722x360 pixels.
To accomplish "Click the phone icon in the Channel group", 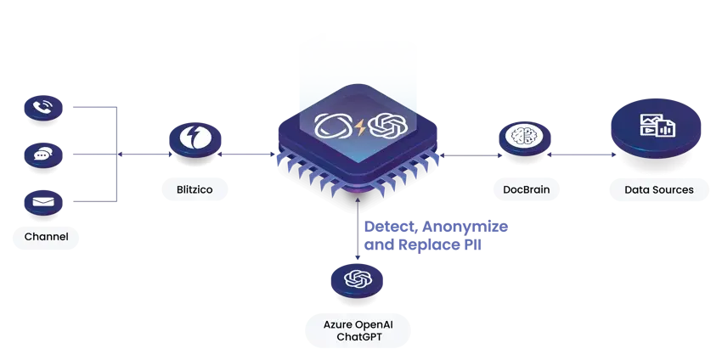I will coord(42,108).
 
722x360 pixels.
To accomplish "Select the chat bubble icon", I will coord(42,155).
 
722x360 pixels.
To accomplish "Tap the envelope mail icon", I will coord(42,202).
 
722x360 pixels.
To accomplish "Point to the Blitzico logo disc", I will coord(195,138).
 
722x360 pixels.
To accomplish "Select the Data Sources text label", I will coord(658,189).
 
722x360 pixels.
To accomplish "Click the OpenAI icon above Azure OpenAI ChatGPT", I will coord(358,278).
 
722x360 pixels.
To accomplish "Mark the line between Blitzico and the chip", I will coord(248,155).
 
